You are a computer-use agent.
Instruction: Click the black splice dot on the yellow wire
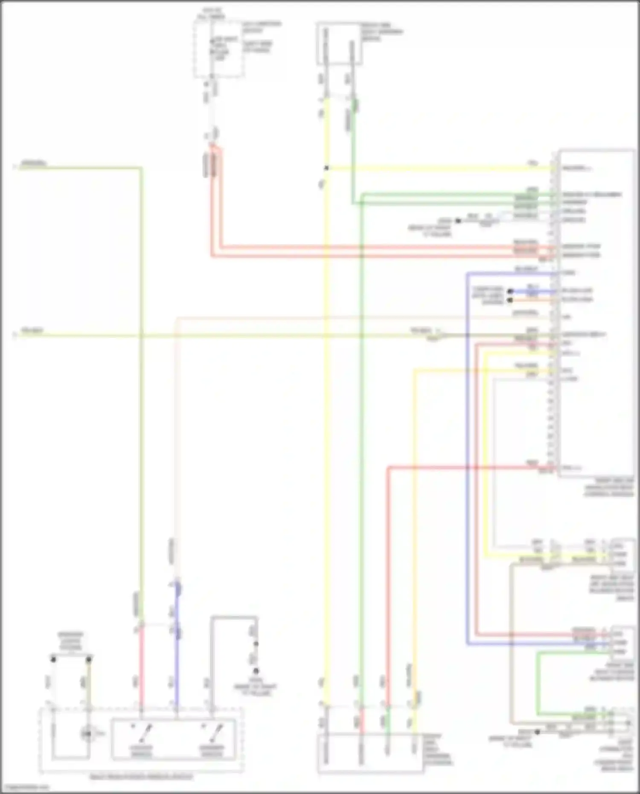(326, 168)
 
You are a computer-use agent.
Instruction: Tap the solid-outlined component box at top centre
(339, 44)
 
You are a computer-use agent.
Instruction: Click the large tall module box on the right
(596, 314)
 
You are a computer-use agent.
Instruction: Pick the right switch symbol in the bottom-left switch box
(212, 733)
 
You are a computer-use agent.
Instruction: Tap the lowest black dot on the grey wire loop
(256, 671)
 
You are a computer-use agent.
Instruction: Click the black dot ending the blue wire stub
(510, 292)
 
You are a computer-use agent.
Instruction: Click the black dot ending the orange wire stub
(510, 300)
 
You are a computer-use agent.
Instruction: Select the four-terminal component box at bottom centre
(370, 753)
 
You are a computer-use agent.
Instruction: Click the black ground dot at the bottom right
(538, 732)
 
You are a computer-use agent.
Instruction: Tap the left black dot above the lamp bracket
(53, 660)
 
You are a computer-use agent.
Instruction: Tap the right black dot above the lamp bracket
(89, 660)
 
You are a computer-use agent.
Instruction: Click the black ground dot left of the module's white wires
(458, 221)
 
